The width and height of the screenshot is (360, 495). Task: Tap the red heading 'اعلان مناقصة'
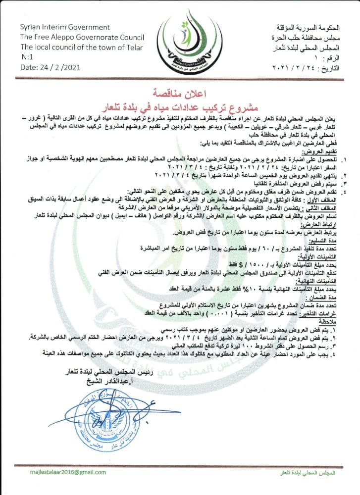pos(180,93)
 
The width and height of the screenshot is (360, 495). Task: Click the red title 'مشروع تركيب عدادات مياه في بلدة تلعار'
pos(180,106)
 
